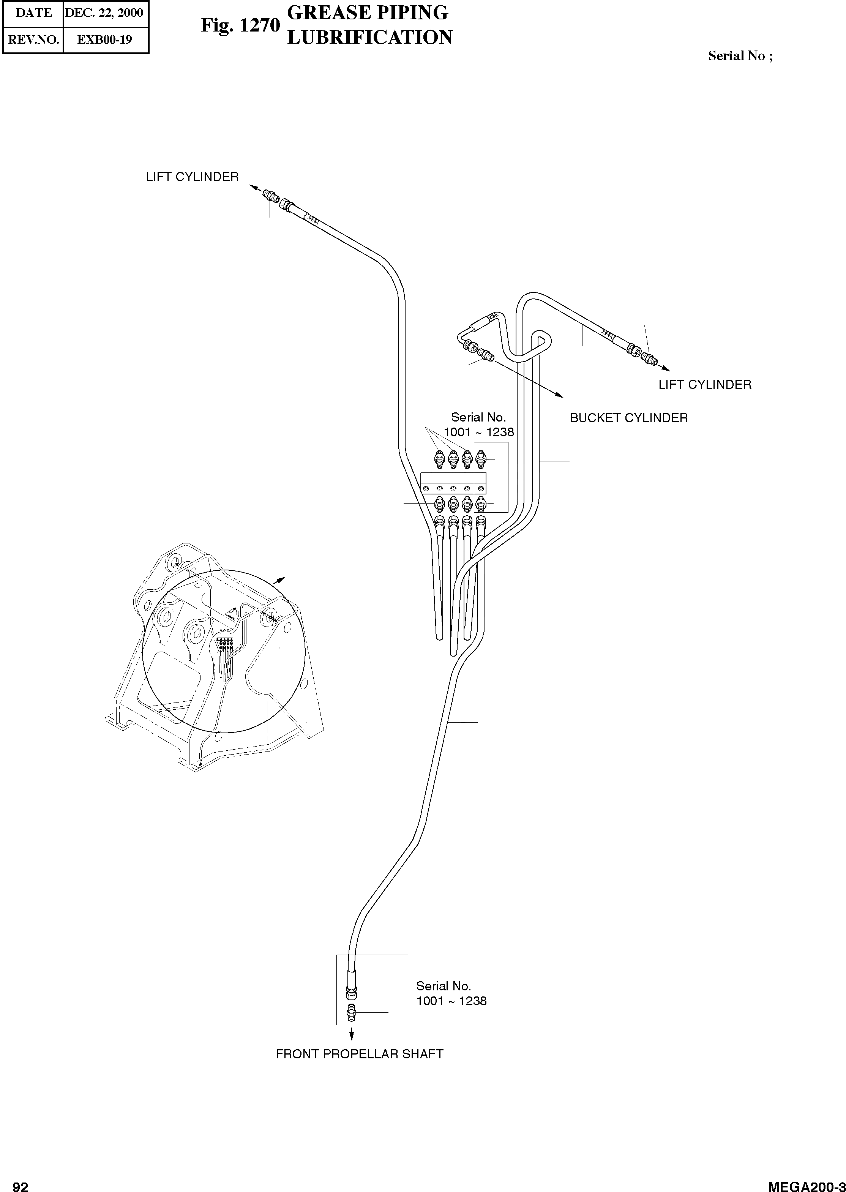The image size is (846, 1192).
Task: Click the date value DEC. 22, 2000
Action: (x=104, y=13)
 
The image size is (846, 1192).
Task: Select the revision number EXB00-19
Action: (x=105, y=39)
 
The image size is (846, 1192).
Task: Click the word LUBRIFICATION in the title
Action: (x=370, y=38)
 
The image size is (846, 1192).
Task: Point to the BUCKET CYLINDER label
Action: (x=629, y=418)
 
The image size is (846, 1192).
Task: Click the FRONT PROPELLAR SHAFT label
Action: (x=360, y=1054)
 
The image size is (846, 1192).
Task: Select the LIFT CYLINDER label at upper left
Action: (x=192, y=177)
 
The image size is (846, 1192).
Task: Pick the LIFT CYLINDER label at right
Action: (x=705, y=384)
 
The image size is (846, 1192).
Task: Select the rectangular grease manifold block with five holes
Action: (x=453, y=483)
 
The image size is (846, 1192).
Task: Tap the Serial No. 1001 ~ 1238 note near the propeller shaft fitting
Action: (x=451, y=993)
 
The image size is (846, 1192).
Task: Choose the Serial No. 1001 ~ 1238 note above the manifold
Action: (x=478, y=425)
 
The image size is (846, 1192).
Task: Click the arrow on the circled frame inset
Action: (x=281, y=579)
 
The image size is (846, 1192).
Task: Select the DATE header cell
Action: (x=33, y=13)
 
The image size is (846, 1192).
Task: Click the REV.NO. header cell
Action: (x=33, y=39)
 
